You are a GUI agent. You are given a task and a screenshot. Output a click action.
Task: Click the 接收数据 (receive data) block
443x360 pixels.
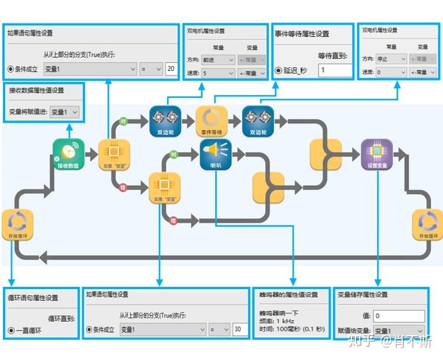tap(68, 155)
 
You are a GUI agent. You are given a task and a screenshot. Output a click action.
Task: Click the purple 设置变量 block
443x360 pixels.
tap(377, 155)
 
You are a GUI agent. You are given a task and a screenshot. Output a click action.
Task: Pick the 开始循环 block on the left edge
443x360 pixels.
tap(18, 225)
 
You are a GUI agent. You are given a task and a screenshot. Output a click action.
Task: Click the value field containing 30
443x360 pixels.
tap(240, 329)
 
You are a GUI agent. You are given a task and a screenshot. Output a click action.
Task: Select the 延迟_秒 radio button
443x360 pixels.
tap(279, 71)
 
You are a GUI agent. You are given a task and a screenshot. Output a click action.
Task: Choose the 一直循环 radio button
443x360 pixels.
tap(11, 330)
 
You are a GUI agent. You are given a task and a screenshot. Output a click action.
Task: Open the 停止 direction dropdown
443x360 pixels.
tap(392, 59)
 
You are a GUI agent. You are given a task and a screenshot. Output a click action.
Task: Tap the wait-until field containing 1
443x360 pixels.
tap(334, 70)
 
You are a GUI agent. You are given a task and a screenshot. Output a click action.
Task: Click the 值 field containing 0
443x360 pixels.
tap(399, 316)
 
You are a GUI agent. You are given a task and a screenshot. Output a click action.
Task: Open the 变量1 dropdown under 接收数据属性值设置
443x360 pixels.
tap(64, 112)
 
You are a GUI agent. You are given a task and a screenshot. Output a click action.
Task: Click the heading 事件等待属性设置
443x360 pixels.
tap(302, 34)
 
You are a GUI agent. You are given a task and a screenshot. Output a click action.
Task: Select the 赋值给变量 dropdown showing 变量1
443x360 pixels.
tap(399, 331)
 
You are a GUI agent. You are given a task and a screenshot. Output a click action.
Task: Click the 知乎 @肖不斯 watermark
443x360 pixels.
tap(391, 341)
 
